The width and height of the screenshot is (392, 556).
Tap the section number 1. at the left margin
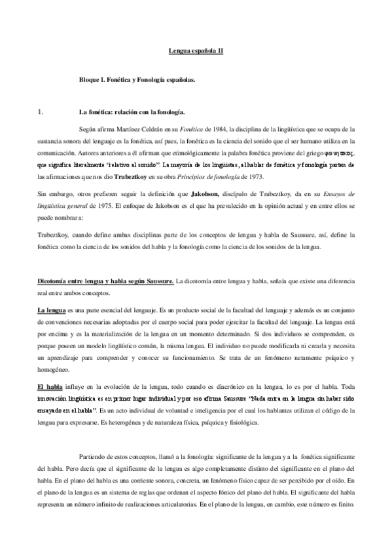(x=40, y=111)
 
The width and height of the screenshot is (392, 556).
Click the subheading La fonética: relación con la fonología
(x=132, y=111)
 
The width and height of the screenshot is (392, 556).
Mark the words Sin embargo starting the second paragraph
(x=53, y=195)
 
